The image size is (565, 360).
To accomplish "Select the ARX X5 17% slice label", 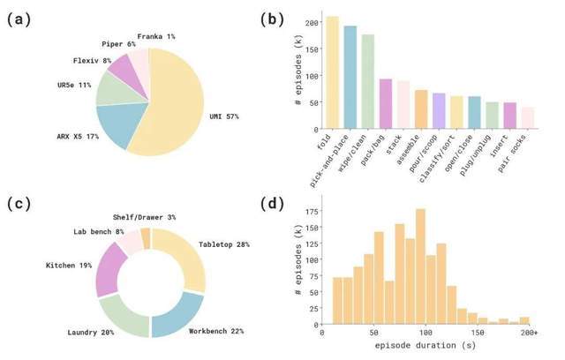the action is coord(78,137).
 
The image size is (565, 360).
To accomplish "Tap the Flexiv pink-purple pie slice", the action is coord(125,72).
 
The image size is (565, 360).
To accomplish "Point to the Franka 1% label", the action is coord(156,36).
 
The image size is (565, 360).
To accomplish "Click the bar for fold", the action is coord(332,72).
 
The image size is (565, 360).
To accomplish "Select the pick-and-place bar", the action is coord(350,77).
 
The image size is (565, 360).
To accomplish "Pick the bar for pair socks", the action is coord(528,117).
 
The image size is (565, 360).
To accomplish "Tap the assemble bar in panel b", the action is coord(421,109).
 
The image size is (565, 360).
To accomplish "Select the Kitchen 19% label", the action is coord(69,266).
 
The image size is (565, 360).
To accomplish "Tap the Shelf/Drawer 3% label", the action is coord(144,217).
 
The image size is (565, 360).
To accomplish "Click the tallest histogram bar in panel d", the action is coord(420,266).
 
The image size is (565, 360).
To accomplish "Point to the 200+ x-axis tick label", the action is coord(529,333).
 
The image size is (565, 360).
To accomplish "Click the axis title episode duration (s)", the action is coord(426,346).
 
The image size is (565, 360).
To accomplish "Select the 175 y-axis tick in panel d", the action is coord(312,211).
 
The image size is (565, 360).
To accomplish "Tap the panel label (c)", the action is coord(19,204).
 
